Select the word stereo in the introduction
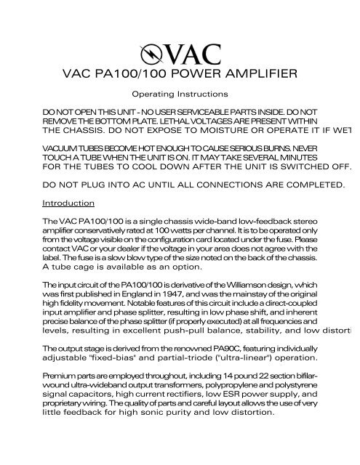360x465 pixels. pyautogui.click(x=305, y=220)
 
